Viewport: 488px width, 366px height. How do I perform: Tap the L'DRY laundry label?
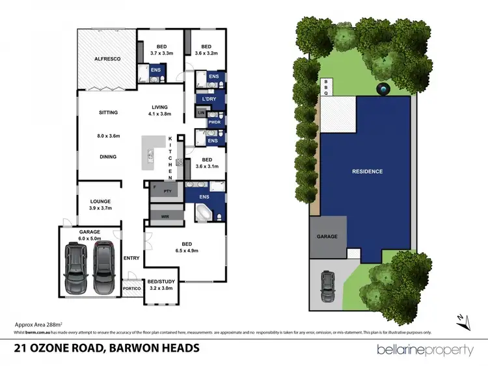point(209,99)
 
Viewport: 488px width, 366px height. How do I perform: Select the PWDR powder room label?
point(213,122)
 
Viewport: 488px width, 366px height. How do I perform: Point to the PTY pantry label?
point(167,190)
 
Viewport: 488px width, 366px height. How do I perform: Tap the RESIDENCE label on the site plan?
point(367,172)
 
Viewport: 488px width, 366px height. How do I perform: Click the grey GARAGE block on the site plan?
point(327,236)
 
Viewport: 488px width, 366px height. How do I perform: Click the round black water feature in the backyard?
point(383,89)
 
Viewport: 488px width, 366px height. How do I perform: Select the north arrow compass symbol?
point(461,319)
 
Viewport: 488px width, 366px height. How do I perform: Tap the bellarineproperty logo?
point(426,350)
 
